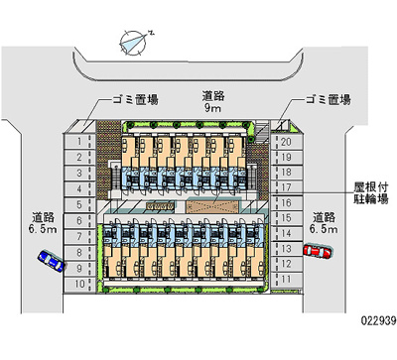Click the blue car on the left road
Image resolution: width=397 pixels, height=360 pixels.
point(52,261)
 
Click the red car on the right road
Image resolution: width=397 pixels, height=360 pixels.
point(318,251)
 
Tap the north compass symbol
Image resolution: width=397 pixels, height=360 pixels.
point(135,42)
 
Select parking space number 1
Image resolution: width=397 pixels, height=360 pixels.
point(79,142)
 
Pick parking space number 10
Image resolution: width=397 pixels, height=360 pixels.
point(79,285)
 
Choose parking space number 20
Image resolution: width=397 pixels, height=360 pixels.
point(286,142)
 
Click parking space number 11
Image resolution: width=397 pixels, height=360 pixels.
point(286,280)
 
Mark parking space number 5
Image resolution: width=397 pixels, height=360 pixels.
point(79,205)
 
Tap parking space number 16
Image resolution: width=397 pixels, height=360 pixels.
point(286,203)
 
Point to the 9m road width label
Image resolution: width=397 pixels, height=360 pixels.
point(213,102)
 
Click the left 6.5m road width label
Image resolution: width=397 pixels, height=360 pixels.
point(43,223)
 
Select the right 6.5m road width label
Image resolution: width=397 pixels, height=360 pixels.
point(325,223)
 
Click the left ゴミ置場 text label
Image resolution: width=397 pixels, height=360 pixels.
point(135,99)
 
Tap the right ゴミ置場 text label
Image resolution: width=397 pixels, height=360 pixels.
point(328,99)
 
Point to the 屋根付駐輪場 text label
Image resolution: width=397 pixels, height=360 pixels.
point(371,193)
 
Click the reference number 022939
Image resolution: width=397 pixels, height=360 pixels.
point(378,320)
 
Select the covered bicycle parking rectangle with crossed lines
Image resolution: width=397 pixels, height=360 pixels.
point(211,206)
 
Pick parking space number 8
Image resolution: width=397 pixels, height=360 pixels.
point(79,253)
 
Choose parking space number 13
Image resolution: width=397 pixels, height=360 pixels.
point(286,249)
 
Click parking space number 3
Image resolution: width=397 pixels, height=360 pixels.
point(79,173)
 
